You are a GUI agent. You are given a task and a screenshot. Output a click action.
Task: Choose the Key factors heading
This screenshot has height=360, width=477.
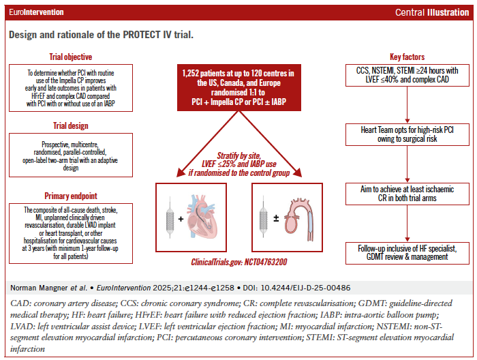pos(407,57)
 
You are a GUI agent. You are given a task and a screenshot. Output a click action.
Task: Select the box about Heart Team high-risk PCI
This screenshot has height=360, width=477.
pos(407,134)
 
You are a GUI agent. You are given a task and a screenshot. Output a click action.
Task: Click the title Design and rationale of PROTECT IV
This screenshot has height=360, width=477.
pos(101,35)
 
